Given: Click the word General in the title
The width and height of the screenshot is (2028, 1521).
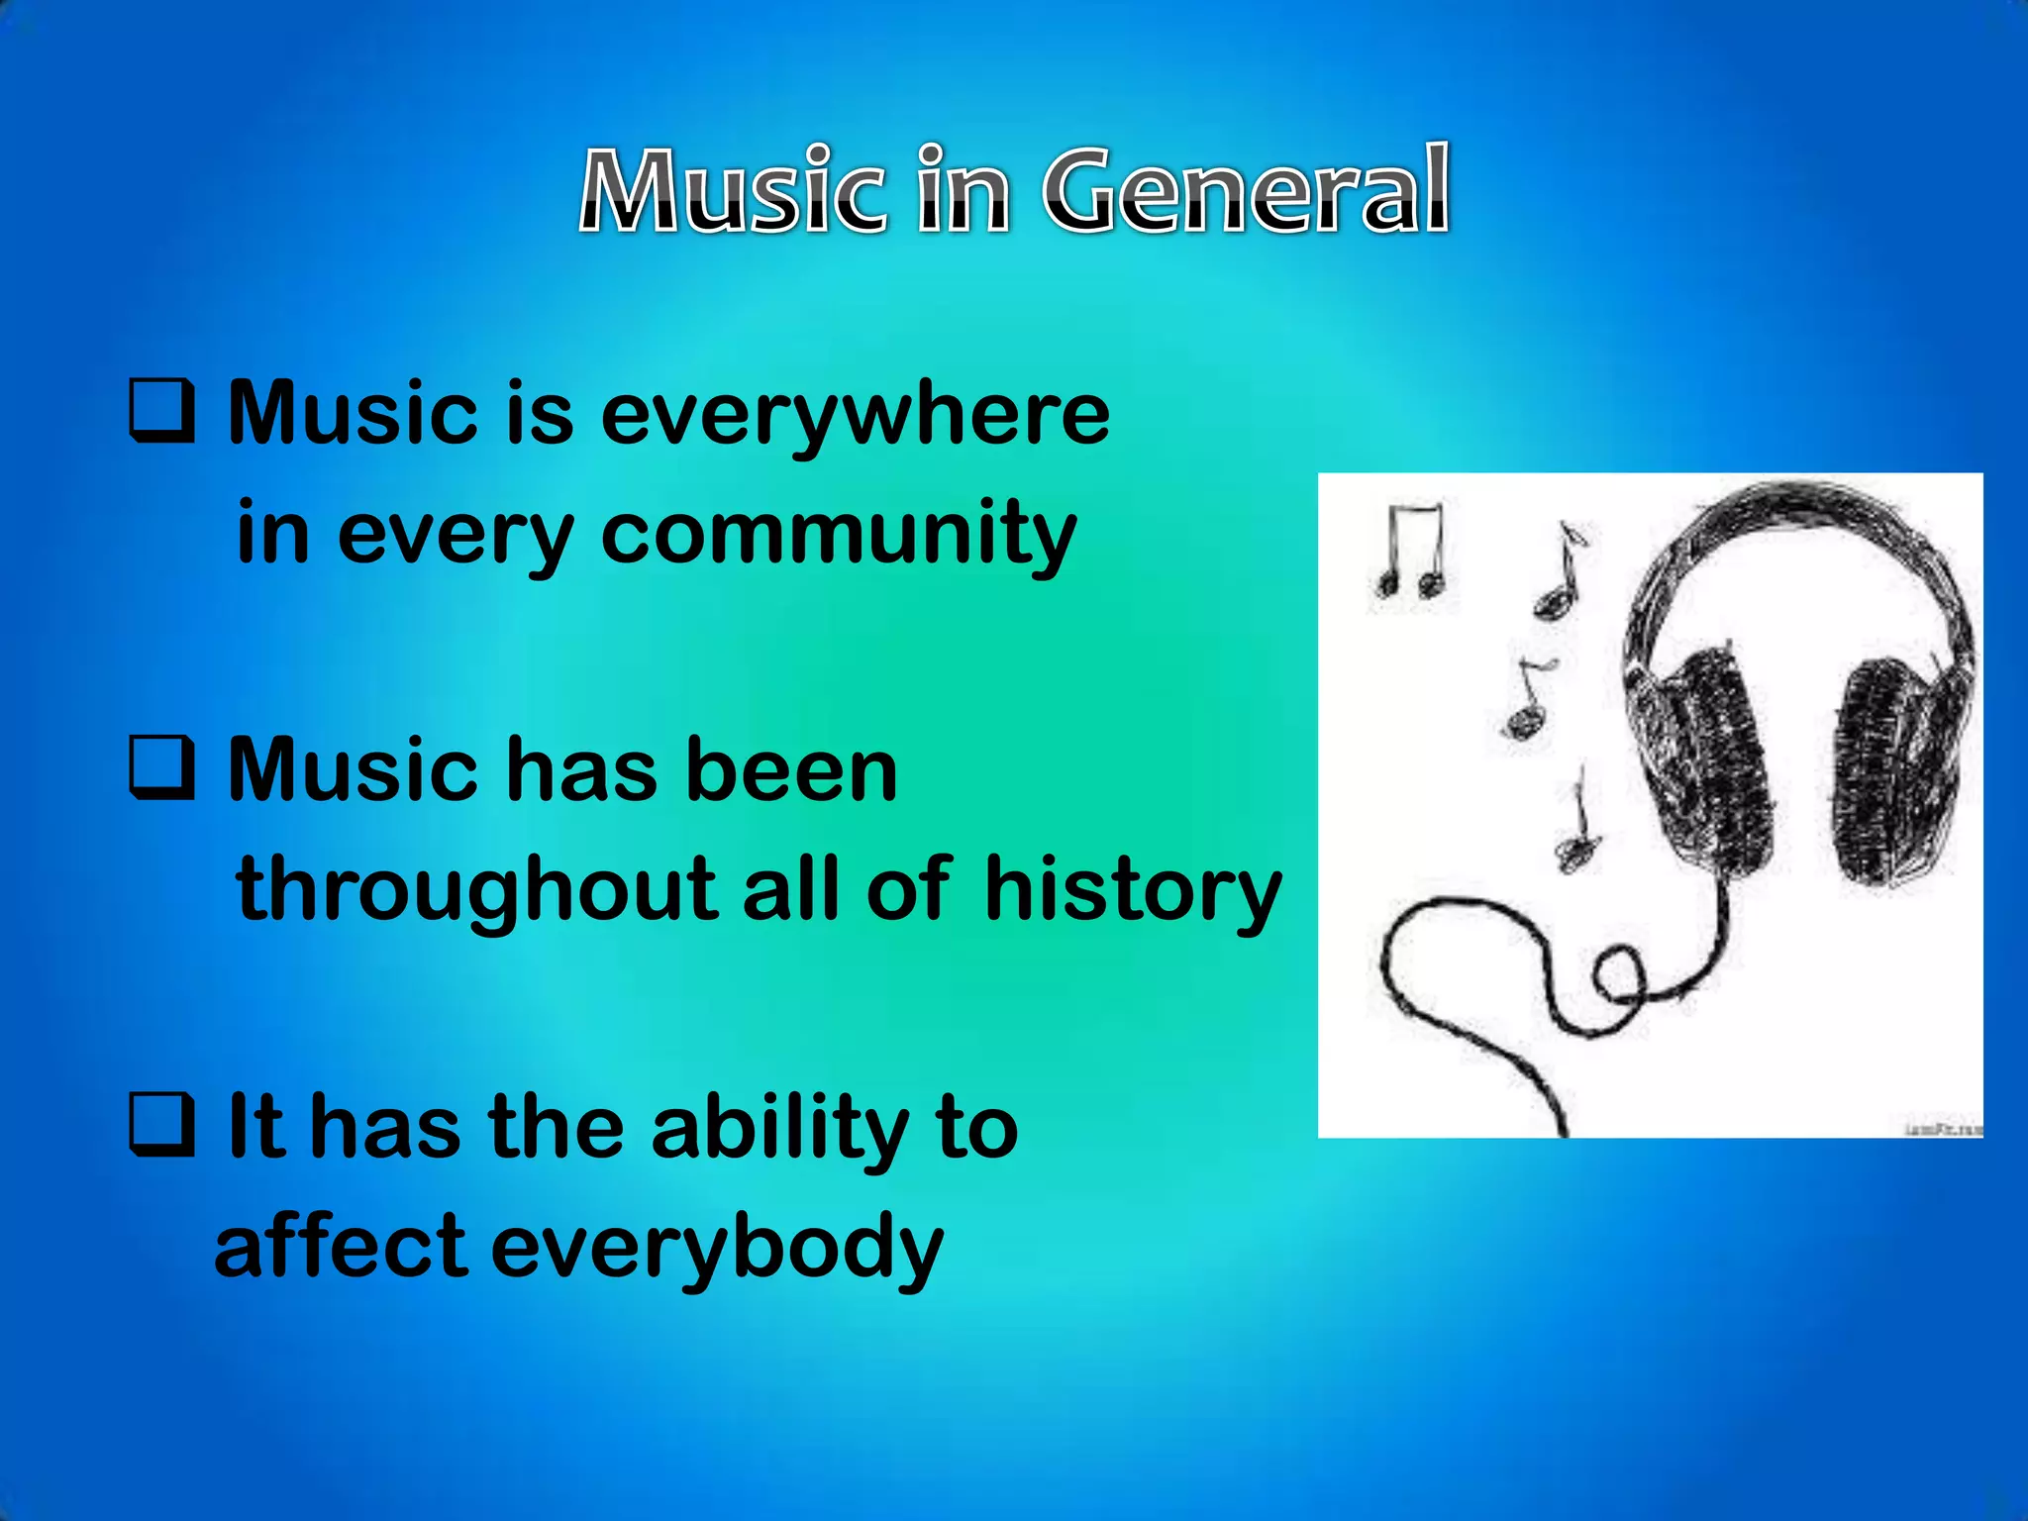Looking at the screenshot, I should click(1246, 190).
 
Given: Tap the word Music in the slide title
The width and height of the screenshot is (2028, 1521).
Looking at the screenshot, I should click(732, 190).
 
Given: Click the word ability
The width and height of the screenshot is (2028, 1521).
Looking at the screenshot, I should click(780, 1129).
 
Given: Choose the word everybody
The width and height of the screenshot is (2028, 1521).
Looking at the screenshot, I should click(717, 1248).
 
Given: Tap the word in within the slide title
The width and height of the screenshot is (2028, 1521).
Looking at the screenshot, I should click(962, 190).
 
